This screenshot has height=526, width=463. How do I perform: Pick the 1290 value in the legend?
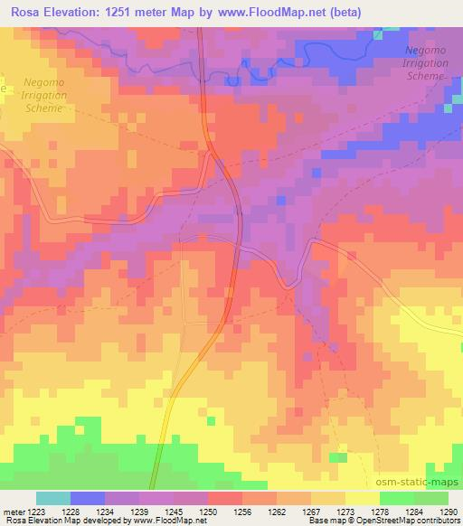(449, 511)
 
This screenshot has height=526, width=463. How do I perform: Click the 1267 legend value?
(309, 511)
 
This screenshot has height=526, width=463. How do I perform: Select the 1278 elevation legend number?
(380, 511)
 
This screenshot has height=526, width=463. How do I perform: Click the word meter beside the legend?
(13, 511)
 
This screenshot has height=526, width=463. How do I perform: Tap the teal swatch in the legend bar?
(53, 498)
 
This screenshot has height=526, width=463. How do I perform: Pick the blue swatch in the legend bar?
(88, 498)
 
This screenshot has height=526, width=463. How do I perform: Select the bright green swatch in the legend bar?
(397, 498)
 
